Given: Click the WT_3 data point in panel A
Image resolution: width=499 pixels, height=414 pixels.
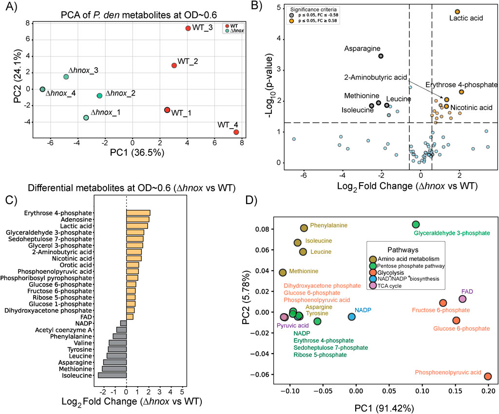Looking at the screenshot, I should (x=188, y=28).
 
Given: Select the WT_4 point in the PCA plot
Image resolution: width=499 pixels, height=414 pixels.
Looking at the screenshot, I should (x=236, y=132).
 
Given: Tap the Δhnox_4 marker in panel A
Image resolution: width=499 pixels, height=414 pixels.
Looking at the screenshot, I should (x=42, y=90).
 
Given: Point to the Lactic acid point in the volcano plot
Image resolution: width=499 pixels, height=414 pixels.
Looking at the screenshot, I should (x=457, y=12).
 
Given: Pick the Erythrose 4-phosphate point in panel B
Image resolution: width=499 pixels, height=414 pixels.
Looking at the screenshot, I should (x=461, y=92).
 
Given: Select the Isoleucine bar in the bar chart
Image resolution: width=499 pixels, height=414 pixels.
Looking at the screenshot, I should (x=112, y=375).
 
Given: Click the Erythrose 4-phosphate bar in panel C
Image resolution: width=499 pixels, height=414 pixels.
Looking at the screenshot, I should (x=138, y=212).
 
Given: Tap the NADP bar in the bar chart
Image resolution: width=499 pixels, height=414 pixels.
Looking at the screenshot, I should (x=123, y=323).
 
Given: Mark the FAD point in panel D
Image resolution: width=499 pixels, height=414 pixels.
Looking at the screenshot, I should (x=462, y=299).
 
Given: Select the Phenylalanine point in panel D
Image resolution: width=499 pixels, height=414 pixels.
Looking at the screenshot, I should (x=304, y=228).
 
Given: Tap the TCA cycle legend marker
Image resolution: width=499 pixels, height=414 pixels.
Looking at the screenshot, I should (x=373, y=285).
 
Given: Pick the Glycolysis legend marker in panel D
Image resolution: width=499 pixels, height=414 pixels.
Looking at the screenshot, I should (x=373, y=272).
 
